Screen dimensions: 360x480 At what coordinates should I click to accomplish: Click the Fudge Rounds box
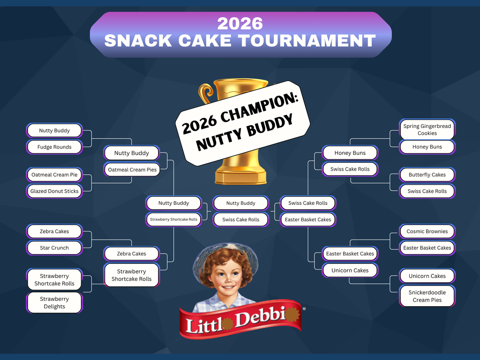(x=55, y=147)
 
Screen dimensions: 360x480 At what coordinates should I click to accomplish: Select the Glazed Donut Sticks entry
(x=54, y=191)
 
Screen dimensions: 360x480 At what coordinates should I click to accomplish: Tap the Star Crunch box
(x=54, y=248)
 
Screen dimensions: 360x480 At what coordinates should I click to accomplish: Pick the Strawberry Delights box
(x=54, y=303)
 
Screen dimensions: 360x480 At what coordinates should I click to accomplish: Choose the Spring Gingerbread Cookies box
(x=427, y=130)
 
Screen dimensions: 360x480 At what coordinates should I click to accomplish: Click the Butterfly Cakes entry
(x=427, y=175)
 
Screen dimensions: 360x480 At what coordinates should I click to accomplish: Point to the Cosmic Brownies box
(x=427, y=232)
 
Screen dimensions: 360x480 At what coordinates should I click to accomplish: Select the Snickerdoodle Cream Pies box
(x=427, y=296)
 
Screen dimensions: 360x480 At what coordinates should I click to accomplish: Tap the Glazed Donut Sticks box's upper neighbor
(x=54, y=175)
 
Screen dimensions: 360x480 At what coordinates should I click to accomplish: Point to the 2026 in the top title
(x=240, y=23)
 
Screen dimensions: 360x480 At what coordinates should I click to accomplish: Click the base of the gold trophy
(x=241, y=177)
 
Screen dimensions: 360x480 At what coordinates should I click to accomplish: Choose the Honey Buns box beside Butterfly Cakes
(x=427, y=147)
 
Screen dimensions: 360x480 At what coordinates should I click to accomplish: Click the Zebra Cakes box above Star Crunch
(x=54, y=232)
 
